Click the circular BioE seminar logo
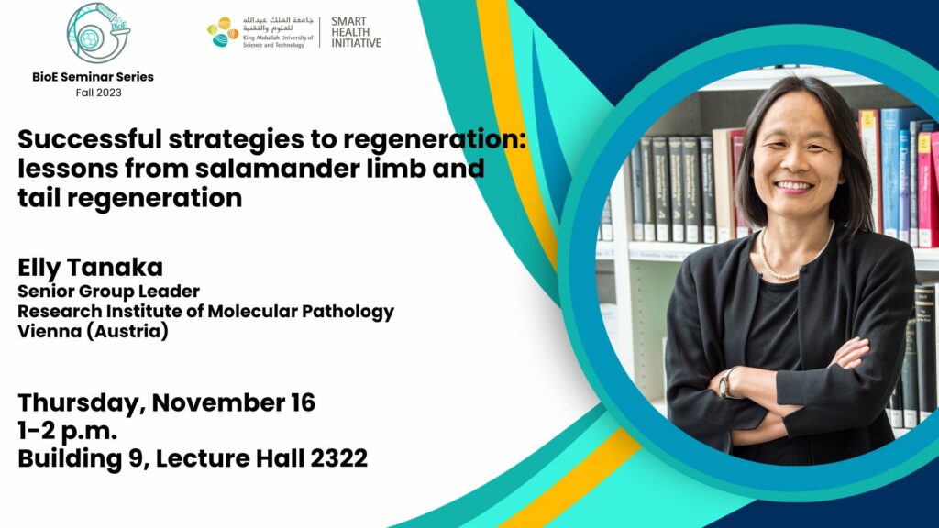point(98,34)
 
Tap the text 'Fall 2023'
point(98,93)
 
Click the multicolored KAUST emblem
point(223,32)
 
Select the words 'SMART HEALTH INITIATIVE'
point(357,32)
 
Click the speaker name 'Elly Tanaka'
point(91,268)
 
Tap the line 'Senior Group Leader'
point(108,291)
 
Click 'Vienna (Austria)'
point(93,331)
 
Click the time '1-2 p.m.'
point(67,431)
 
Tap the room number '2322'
point(338,458)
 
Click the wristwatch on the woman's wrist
point(726,382)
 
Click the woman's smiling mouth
point(793,186)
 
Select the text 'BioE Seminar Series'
point(93,77)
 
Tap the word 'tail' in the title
point(39,198)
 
